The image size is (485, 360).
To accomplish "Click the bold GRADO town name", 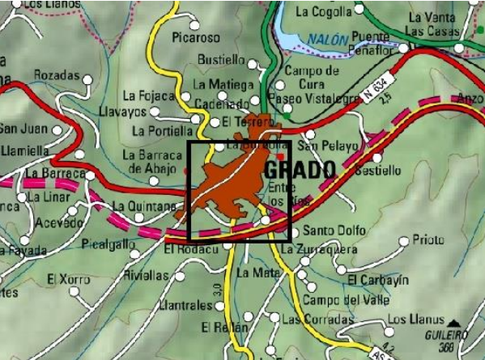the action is (300, 171).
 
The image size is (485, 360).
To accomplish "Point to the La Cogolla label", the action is (323, 11).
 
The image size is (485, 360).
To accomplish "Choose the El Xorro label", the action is (68, 279).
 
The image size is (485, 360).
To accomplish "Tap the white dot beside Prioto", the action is (403, 240).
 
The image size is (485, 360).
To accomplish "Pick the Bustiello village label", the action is (221, 60).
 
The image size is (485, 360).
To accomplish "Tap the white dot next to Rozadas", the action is (87, 78).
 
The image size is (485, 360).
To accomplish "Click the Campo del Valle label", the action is (334, 301).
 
